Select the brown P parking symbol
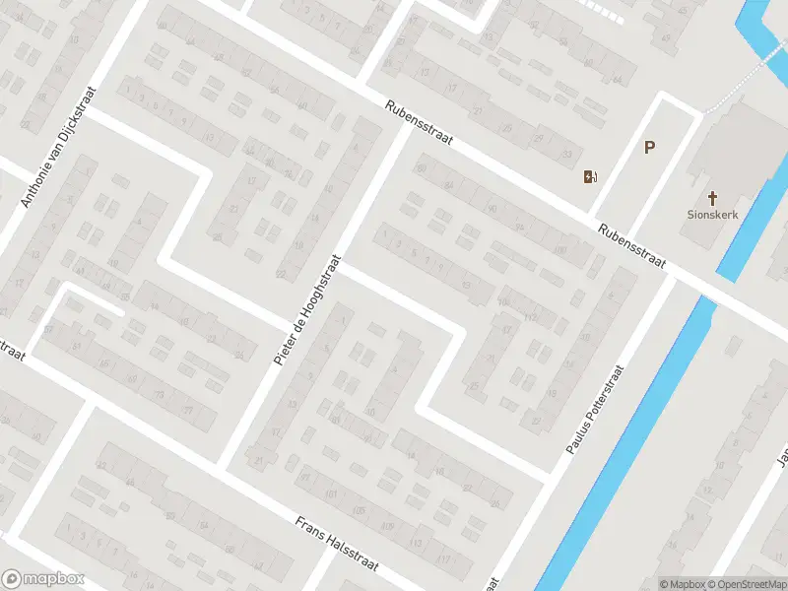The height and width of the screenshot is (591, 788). (x=649, y=148)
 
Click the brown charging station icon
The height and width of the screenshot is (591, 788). (x=590, y=177)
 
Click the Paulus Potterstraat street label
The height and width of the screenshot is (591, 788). (x=597, y=410)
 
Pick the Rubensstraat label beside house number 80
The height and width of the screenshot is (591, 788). (x=419, y=123)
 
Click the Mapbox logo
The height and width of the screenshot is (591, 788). (x=43, y=579)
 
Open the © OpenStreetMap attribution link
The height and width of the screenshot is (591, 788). (x=746, y=584)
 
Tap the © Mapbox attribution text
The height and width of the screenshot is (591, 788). (x=683, y=584)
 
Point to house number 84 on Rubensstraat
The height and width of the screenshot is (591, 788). (x=449, y=184)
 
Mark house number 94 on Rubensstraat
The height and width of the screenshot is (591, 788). (x=520, y=228)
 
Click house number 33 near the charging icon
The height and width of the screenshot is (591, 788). (x=565, y=155)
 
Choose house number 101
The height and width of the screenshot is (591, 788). (x=332, y=493)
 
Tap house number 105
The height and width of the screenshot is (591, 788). (x=360, y=509)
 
